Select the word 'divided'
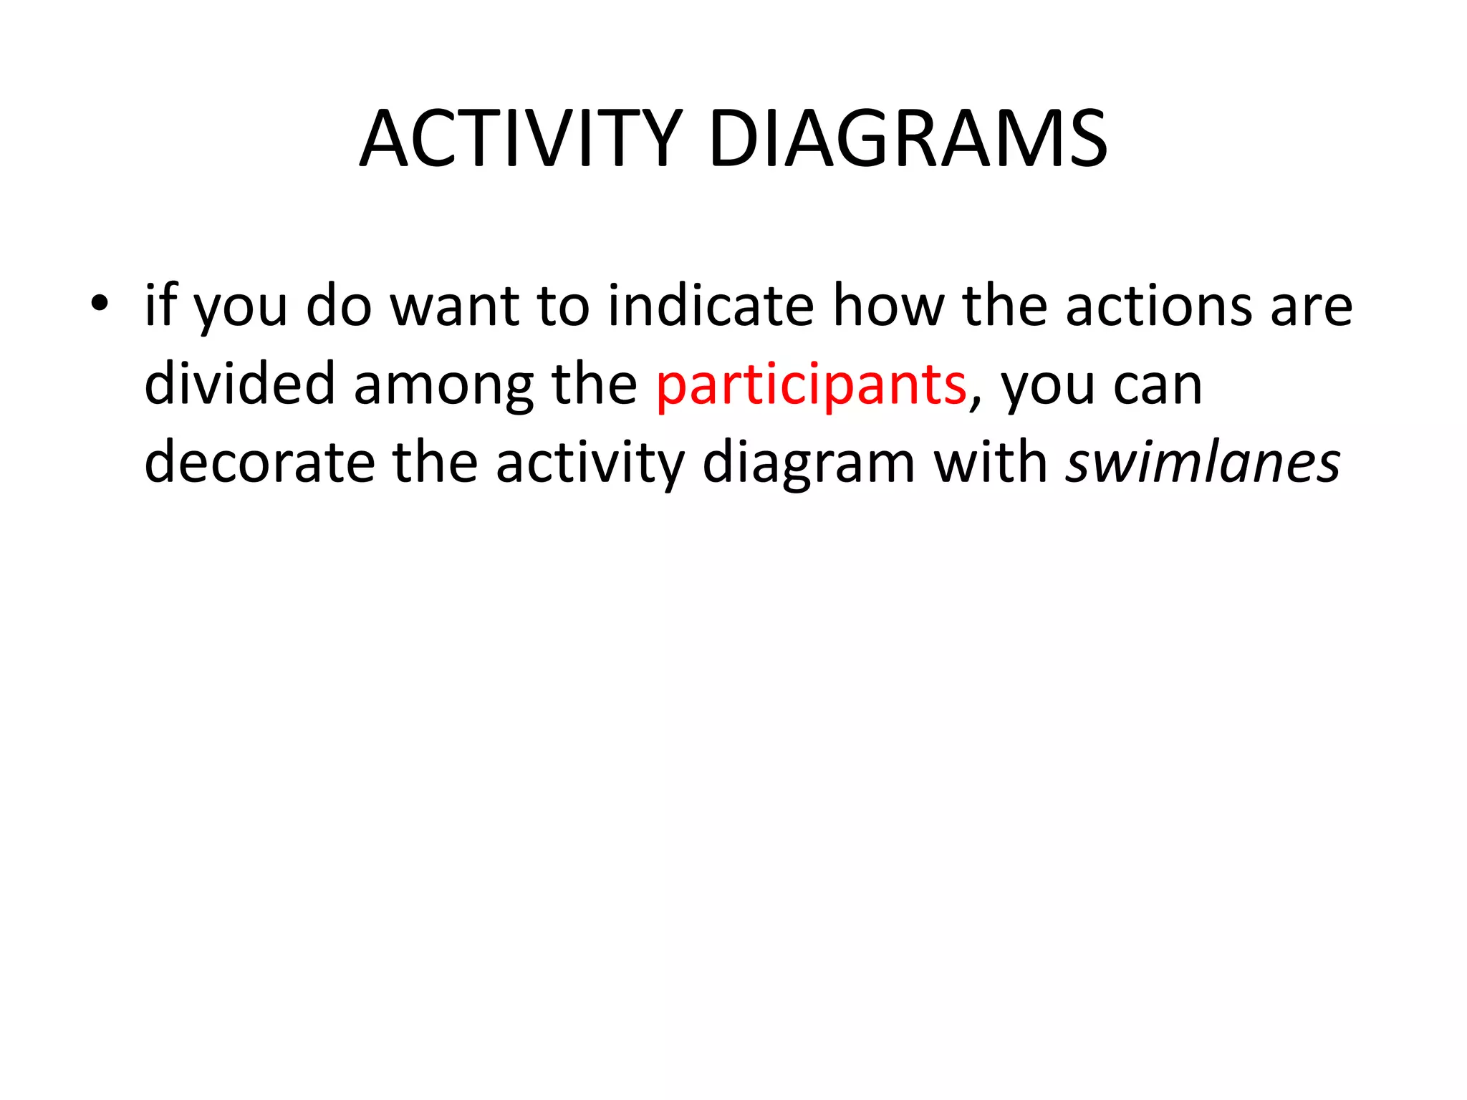coord(239,383)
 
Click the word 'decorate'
coord(259,463)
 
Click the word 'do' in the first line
coord(340,305)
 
